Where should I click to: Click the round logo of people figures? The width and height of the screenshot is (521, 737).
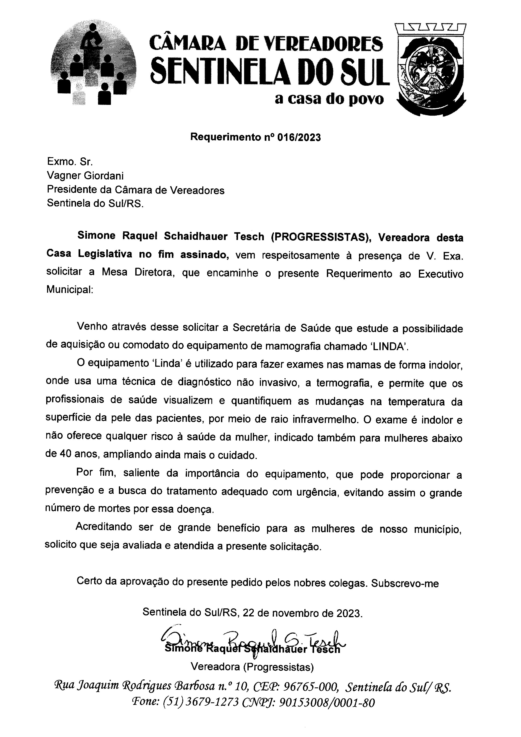(93, 66)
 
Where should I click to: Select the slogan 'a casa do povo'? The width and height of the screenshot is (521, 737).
(329, 99)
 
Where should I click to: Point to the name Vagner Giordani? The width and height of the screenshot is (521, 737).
(85, 176)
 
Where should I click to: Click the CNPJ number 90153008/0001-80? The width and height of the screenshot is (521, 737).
(327, 703)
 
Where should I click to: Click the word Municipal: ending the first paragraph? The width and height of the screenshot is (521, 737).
(70, 290)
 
